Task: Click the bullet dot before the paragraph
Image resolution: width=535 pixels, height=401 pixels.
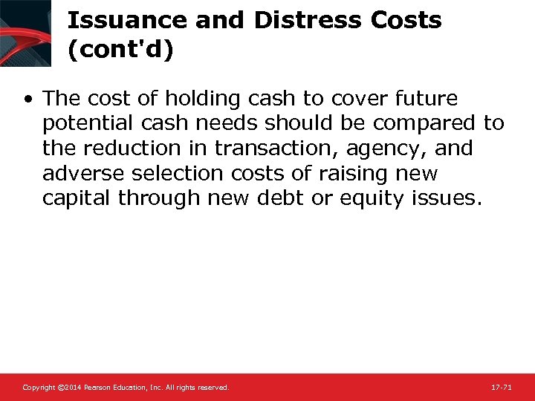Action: [x=27, y=99]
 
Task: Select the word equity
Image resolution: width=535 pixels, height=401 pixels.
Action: [x=374, y=199]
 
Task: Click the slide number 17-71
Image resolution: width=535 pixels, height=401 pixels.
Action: [x=501, y=388]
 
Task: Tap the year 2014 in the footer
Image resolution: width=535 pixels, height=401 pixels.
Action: [x=71, y=388]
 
